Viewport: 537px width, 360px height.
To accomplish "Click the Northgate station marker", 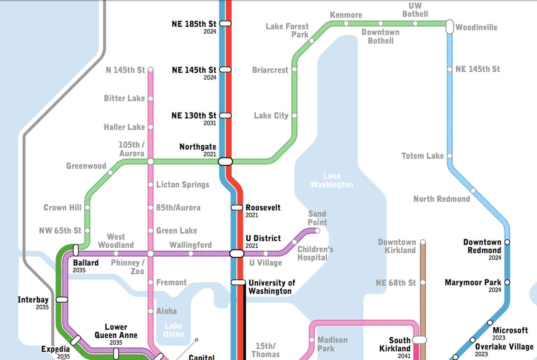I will (225, 162).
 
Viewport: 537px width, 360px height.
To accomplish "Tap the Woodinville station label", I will (476, 27).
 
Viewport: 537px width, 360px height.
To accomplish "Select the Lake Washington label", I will (332, 180).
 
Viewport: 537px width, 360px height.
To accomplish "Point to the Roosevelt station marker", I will (237, 207).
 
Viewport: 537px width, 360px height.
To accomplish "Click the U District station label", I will (263, 238).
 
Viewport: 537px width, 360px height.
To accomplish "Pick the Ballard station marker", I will (76, 250).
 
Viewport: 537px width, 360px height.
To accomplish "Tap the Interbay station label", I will (33, 300).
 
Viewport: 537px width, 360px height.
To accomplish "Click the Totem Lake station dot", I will (450, 156).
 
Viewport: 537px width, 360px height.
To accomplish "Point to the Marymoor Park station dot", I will (507, 282).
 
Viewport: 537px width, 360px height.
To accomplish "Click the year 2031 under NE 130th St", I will (210, 123).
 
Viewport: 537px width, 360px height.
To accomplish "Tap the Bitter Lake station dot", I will (151, 98).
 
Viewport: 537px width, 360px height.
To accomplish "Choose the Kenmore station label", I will (346, 15).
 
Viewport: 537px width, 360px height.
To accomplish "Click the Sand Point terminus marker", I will (317, 231).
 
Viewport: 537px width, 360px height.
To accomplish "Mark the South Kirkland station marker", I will (420, 340).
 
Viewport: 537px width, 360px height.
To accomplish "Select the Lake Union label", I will (173, 330).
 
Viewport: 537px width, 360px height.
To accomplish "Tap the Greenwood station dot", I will (110, 173).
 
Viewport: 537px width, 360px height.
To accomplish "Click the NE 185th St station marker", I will (225, 24).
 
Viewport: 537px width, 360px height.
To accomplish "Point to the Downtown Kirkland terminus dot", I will (423, 242).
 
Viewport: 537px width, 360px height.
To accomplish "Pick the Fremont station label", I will (171, 282).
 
